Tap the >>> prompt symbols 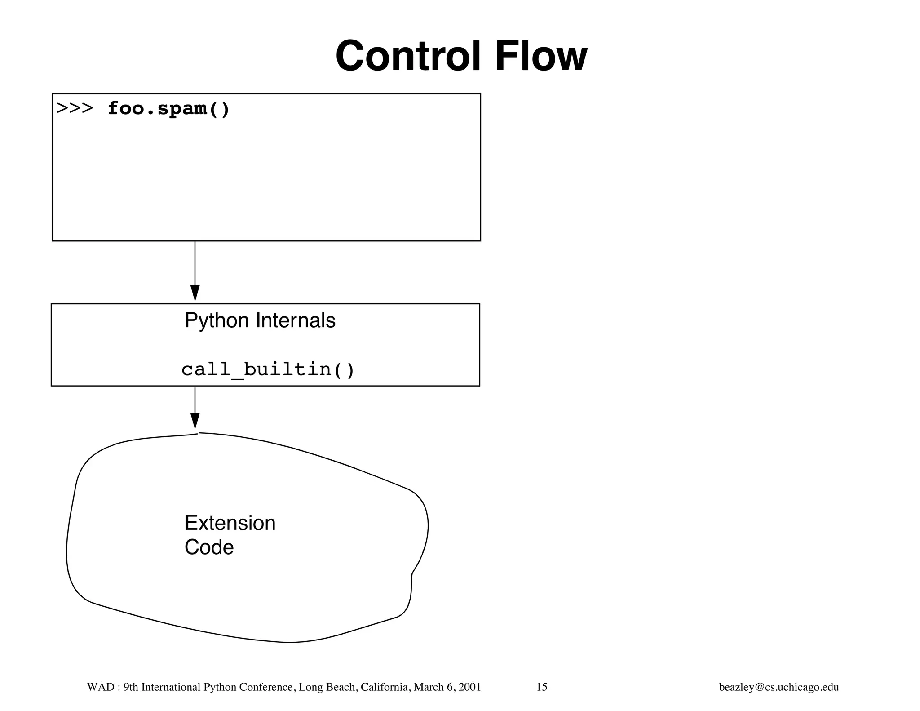(75, 109)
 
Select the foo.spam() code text (168, 109)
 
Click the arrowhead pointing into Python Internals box (195, 293)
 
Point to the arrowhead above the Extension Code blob (195, 421)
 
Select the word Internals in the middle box (295, 321)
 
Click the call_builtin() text (268, 370)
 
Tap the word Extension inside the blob (230, 523)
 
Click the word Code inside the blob (209, 547)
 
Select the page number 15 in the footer (542, 687)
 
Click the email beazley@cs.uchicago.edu (778, 687)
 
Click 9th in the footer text (131, 687)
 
